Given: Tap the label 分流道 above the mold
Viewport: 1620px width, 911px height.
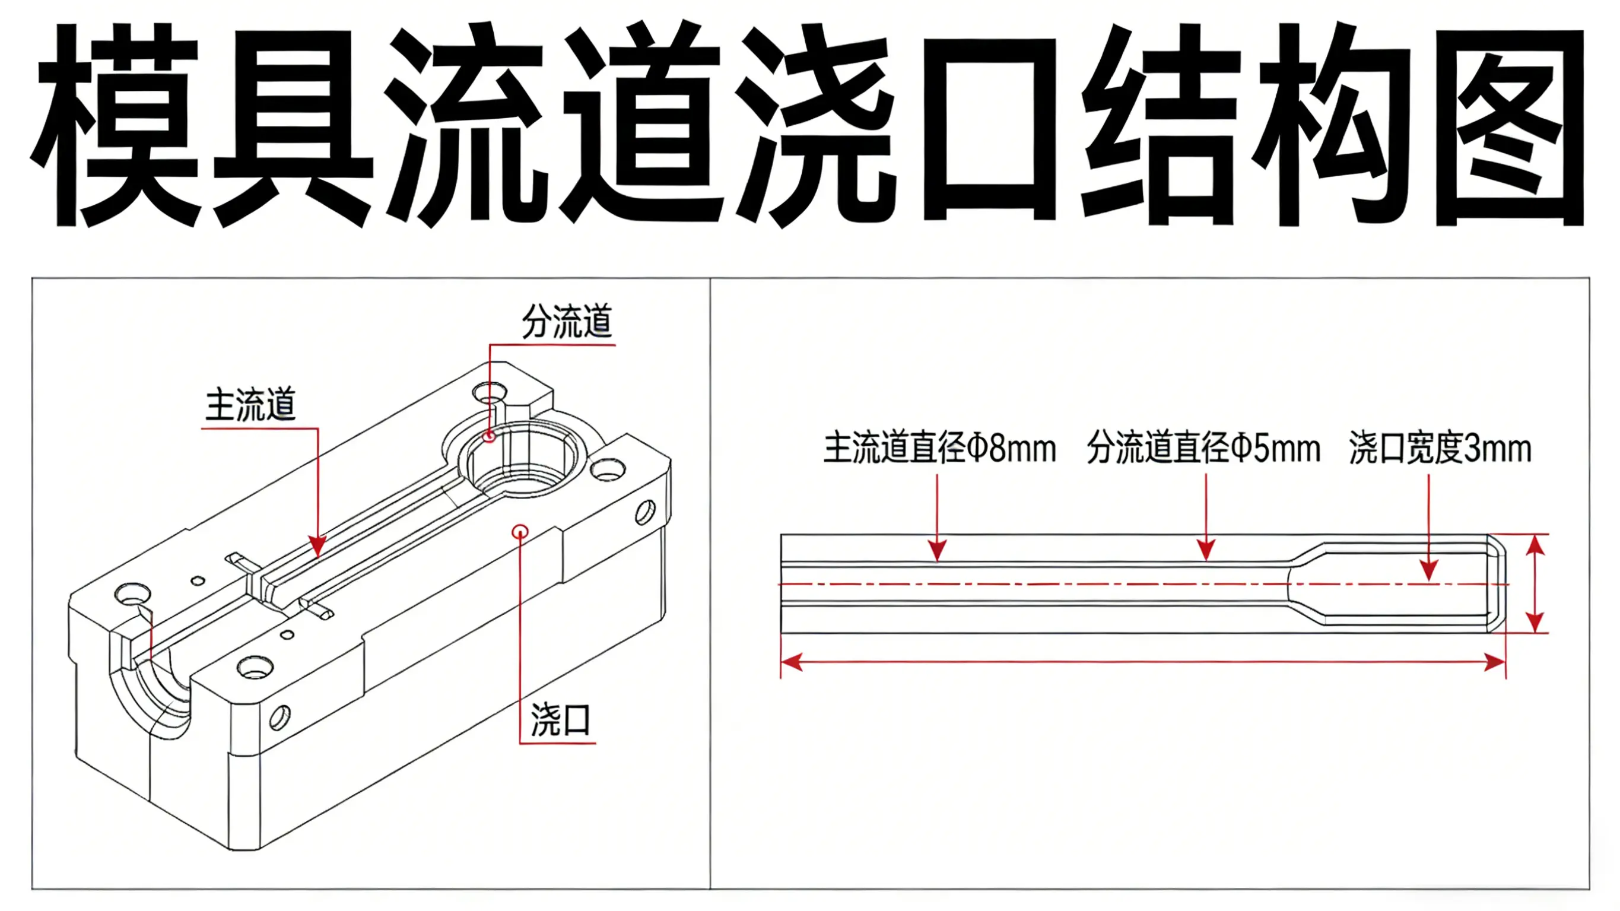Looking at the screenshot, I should pyautogui.click(x=567, y=322).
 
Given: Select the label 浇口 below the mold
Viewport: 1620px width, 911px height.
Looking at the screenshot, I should pyautogui.click(x=560, y=720).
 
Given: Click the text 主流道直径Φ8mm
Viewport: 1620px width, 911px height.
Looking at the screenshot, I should pyautogui.click(x=939, y=449).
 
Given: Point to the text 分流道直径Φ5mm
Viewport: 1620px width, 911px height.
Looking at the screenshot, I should pyautogui.click(x=1203, y=449).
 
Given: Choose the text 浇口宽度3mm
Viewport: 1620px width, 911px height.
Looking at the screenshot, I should pyautogui.click(x=1440, y=449).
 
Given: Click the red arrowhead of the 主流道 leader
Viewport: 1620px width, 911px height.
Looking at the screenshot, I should pyautogui.click(x=317, y=546).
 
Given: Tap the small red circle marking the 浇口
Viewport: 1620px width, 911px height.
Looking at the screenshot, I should pyautogui.click(x=519, y=532).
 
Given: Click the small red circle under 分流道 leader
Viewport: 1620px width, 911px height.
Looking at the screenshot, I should pyautogui.click(x=490, y=436).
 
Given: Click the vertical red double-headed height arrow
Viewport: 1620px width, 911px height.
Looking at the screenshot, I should pyautogui.click(x=1536, y=584).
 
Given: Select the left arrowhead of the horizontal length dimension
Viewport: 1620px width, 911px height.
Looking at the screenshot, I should pyautogui.click(x=791, y=662).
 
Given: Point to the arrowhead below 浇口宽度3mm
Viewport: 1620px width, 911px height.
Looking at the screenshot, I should pyautogui.click(x=1429, y=570).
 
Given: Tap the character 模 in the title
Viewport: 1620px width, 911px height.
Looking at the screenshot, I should pyautogui.click(x=116, y=126).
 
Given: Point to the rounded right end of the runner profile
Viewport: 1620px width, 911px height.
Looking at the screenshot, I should pyautogui.click(x=1497, y=584).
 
